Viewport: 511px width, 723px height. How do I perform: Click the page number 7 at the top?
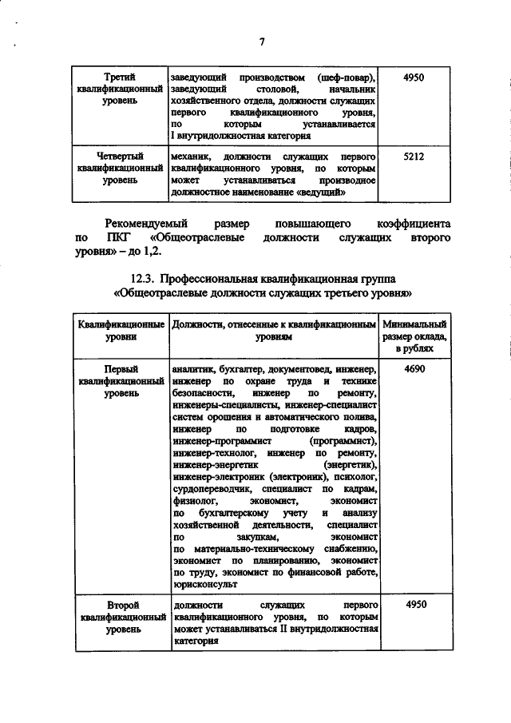pyautogui.click(x=261, y=42)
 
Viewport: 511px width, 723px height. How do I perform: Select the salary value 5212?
pyautogui.click(x=414, y=158)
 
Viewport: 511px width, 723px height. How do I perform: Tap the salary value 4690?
pyautogui.click(x=414, y=370)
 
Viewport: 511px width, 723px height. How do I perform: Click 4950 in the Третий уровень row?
pyautogui.click(x=414, y=77)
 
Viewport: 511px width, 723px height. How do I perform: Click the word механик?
pyautogui.click(x=191, y=158)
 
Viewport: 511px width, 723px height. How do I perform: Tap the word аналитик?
pyautogui.click(x=192, y=370)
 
